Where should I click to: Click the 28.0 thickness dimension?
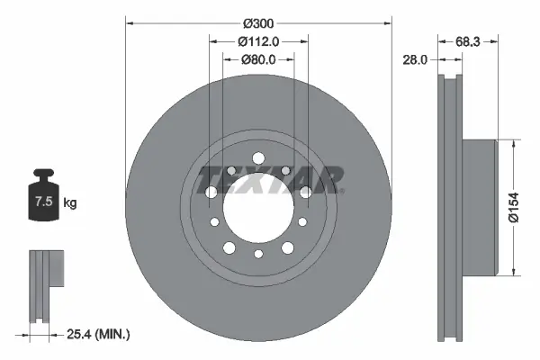pyautogui.click(x=415, y=59)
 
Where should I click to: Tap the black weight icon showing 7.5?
pyautogui.click(x=42, y=200)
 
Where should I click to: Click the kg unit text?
pyautogui.click(x=69, y=204)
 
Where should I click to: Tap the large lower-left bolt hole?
pyautogui.click(x=229, y=247)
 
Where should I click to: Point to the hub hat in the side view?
pyautogui.click(x=479, y=207)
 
